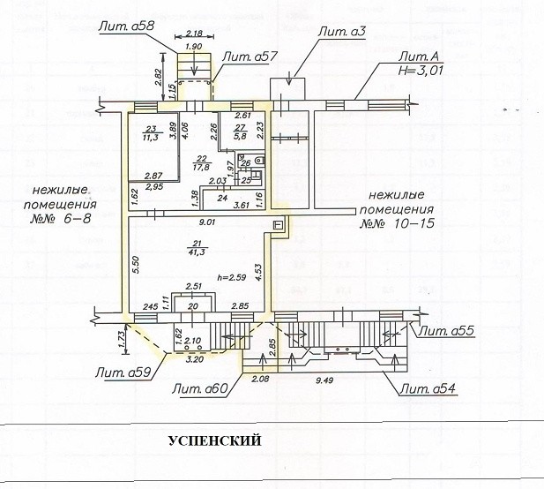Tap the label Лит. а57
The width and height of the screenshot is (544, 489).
tap(251, 56)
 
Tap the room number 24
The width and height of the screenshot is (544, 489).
tap(223, 199)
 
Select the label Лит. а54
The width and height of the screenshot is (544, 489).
tap(429, 389)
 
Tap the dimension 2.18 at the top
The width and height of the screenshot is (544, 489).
tap(196, 34)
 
